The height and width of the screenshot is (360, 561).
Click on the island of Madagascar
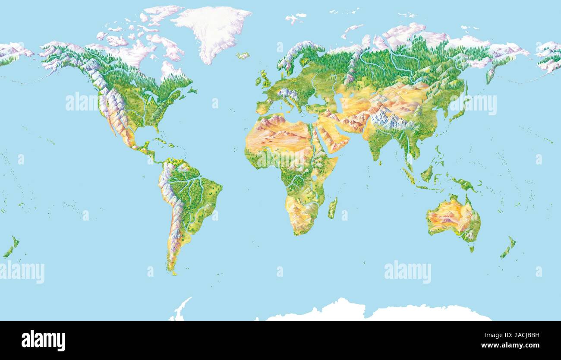point(332,208)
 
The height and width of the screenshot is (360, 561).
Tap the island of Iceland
point(243,56)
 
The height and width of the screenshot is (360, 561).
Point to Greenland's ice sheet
point(211,30)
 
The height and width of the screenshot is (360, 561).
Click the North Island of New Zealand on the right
point(512,242)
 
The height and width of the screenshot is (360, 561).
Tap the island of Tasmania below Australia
point(471,249)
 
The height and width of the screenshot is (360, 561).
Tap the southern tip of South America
point(173,272)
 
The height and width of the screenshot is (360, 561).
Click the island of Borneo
point(427,174)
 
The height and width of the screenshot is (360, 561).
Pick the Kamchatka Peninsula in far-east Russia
point(490,74)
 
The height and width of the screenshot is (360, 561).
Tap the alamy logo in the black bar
point(43,341)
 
